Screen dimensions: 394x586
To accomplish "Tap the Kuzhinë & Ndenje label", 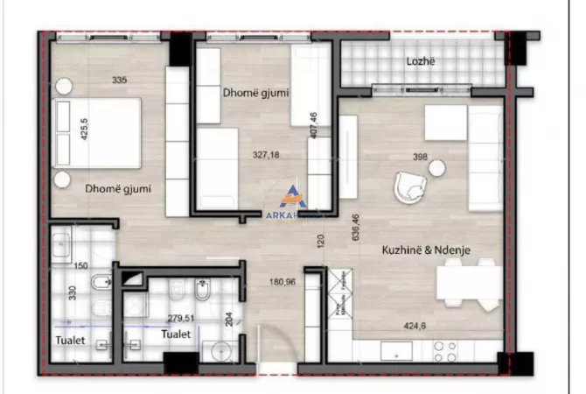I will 427,250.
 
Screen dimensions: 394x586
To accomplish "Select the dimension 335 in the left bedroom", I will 120,81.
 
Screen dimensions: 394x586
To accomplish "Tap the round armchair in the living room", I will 409,186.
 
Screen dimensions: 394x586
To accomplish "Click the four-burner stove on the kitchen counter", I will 445,351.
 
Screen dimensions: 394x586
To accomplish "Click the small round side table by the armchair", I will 436,167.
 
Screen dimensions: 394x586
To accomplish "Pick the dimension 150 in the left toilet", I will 81,265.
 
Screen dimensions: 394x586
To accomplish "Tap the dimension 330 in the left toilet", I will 73,292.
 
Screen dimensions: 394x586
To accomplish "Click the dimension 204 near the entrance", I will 230,319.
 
